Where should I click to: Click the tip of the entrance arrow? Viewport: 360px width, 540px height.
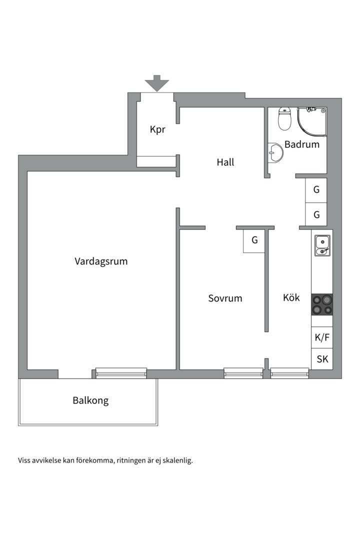(x=156, y=91)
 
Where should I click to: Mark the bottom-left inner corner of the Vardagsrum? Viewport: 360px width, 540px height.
(x=27, y=369)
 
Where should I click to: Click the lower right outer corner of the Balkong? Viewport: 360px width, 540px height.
(x=158, y=425)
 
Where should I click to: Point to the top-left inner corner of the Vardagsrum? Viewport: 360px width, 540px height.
(x=27, y=171)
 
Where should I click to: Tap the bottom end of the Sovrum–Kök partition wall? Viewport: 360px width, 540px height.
(x=266, y=331)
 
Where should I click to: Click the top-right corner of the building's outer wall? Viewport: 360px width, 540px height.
(x=341, y=98)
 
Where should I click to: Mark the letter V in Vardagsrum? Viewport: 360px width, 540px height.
(x=78, y=261)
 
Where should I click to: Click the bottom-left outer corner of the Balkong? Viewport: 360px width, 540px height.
(x=18, y=425)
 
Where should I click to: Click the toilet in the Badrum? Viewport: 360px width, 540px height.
(x=284, y=119)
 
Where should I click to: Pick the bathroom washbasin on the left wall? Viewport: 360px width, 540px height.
(x=275, y=152)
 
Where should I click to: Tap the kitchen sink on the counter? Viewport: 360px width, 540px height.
(x=322, y=245)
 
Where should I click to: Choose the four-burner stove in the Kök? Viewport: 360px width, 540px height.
(x=322, y=305)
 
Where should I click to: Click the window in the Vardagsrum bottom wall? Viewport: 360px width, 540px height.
(x=121, y=373)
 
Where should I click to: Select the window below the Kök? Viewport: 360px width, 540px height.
(x=289, y=373)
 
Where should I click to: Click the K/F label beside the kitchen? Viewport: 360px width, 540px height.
(x=322, y=337)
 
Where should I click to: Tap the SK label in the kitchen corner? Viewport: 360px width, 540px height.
(x=322, y=359)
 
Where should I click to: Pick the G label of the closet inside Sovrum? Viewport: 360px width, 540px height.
(x=254, y=240)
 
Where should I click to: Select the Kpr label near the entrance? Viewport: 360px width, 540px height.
(x=157, y=130)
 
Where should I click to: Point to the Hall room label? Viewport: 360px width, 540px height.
(x=225, y=162)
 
